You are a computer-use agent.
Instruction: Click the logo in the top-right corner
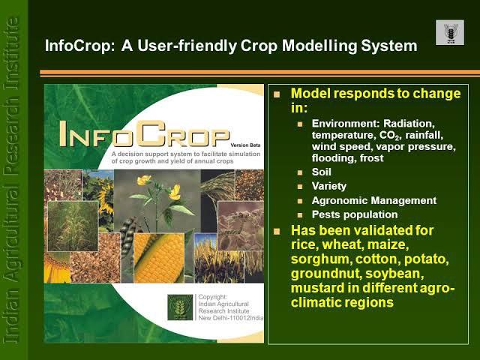449,32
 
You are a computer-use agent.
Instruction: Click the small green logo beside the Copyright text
180,307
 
